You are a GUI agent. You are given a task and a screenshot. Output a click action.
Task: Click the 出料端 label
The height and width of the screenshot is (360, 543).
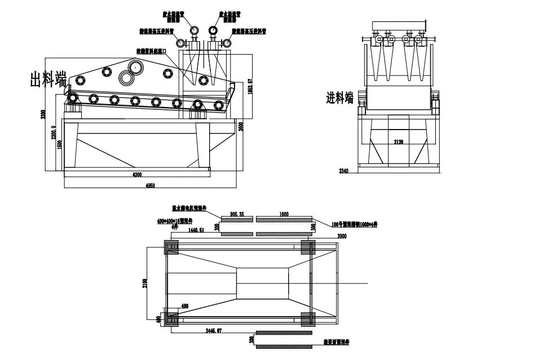(48, 80)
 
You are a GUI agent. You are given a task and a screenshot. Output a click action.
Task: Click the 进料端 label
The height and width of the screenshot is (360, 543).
(339, 97)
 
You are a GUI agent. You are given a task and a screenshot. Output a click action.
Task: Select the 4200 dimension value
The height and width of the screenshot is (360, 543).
(137, 175)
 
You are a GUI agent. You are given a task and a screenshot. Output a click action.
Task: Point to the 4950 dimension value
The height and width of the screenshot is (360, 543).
(151, 185)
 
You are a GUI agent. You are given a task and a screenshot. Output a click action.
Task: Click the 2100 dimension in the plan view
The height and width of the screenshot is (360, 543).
(145, 281)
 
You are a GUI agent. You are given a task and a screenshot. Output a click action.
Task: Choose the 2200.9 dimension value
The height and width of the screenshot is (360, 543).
(54, 132)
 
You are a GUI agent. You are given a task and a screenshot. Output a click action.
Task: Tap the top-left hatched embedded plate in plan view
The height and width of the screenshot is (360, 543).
(171, 247)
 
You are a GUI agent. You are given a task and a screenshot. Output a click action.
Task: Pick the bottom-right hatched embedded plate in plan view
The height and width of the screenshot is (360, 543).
(308, 319)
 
